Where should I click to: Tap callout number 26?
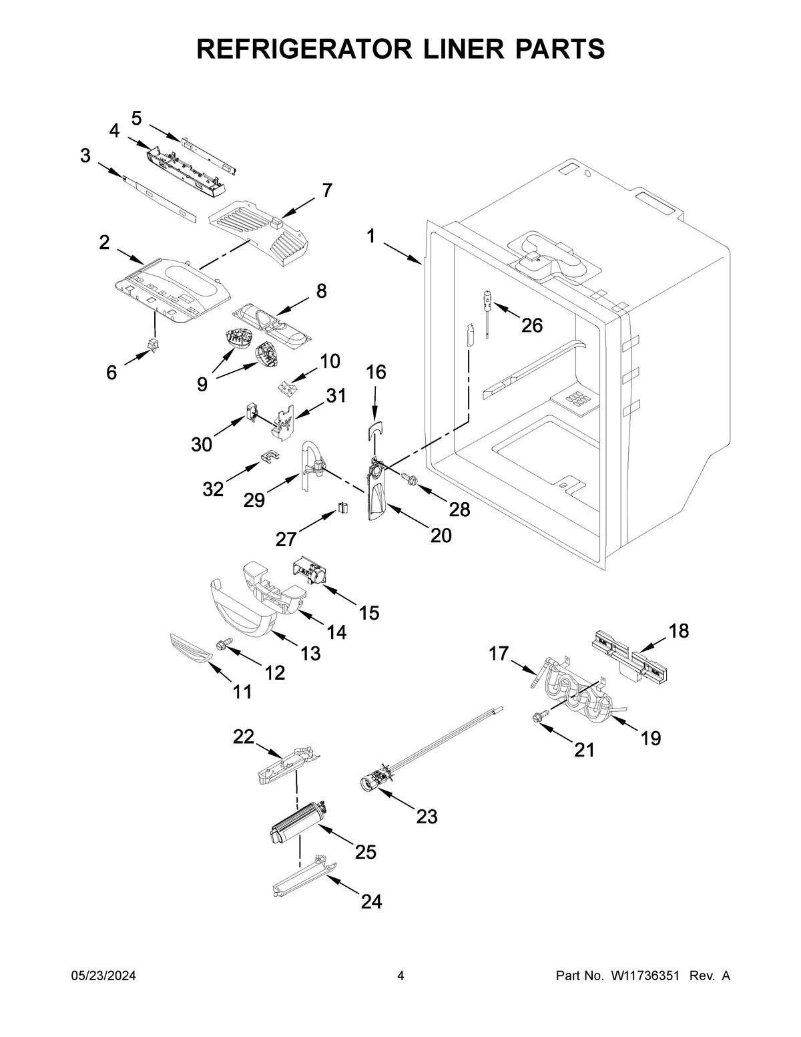coord(531,325)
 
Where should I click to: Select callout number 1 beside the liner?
coord(371,236)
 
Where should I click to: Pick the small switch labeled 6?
coord(154,345)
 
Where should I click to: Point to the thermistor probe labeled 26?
coord(488,310)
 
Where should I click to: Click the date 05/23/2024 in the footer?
coord(103,976)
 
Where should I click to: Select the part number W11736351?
coord(644,976)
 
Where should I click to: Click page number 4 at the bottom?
coord(400,976)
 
